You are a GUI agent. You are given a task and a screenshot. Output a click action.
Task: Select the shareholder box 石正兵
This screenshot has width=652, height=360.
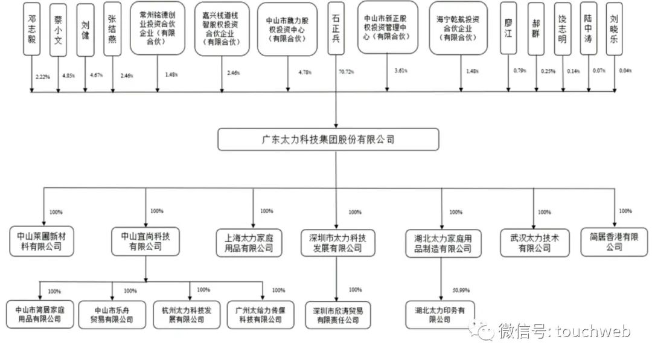336,28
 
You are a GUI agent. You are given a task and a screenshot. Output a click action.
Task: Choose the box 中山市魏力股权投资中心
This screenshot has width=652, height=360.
287,28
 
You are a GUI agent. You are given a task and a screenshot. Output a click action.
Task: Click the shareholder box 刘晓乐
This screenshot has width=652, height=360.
613,28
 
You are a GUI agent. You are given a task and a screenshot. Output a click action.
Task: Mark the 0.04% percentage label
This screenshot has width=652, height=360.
625,71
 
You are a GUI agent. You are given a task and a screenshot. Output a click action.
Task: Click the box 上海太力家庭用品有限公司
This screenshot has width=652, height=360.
249,242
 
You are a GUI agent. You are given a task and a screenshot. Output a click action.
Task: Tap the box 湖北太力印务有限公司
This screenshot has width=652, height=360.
440,315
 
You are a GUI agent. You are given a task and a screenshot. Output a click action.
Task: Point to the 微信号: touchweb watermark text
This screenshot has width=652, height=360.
564,331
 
